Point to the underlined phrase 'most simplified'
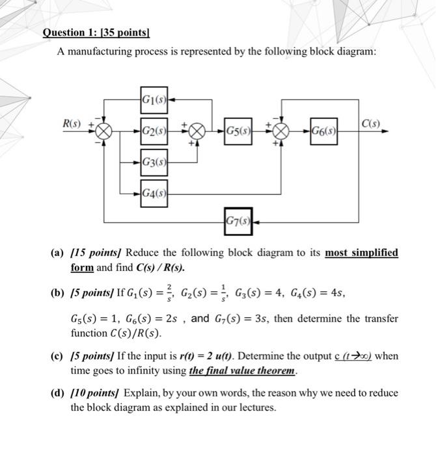point(361,252)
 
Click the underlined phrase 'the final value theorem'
point(242,371)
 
